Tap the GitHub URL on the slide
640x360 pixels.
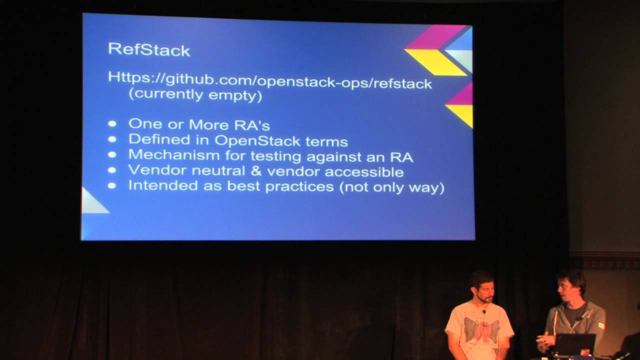pos(270,80)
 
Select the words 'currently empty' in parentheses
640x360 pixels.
pos(195,95)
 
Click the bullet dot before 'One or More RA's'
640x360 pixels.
pos(112,123)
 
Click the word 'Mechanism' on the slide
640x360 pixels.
pos(174,155)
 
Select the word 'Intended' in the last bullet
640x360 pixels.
pos(163,185)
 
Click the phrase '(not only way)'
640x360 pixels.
pos(391,187)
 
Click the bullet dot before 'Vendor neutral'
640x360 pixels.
pos(112,170)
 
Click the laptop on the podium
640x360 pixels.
pos(574,345)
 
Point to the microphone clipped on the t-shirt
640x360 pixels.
pos(483,312)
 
